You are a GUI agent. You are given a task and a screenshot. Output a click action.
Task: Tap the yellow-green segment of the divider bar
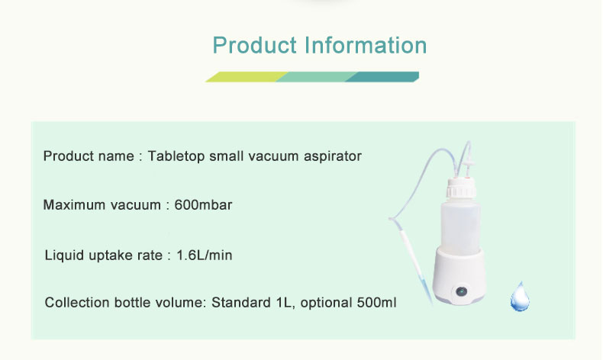(243, 76)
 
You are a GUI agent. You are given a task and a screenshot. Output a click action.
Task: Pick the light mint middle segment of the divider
(314, 76)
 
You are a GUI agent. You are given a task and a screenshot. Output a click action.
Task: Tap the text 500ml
(376, 303)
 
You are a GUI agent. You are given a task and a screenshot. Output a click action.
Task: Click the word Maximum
(73, 205)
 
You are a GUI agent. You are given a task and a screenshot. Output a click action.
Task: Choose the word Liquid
(63, 255)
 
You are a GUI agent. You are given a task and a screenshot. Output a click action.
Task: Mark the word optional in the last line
(327, 303)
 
